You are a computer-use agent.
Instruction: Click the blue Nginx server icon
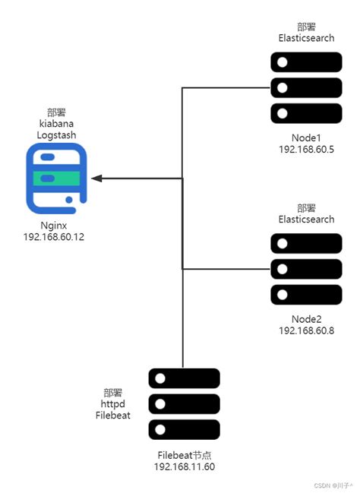coord(56,178)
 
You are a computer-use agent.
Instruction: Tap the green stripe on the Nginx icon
coord(56,178)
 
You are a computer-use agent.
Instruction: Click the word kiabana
coord(56,123)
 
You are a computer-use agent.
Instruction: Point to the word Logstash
coord(56,134)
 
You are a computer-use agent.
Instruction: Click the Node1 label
coord(306,137)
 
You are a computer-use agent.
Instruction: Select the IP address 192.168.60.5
coord(306,150)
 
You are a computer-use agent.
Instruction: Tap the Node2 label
coord(306,318)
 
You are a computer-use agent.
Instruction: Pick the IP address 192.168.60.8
coord(306,330)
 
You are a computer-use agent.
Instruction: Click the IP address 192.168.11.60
coord(184,466)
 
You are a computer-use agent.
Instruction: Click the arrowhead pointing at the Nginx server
coord(96,178)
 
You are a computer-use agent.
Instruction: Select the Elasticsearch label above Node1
coord(306,37)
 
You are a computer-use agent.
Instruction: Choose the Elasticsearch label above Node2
coord(306,219)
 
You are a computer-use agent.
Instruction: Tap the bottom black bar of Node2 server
coord(306,294)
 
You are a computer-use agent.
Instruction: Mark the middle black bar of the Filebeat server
coord(184,403)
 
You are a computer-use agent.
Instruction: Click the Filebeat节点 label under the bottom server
coord(184,455)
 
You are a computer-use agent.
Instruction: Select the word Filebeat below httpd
coord(113,416)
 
